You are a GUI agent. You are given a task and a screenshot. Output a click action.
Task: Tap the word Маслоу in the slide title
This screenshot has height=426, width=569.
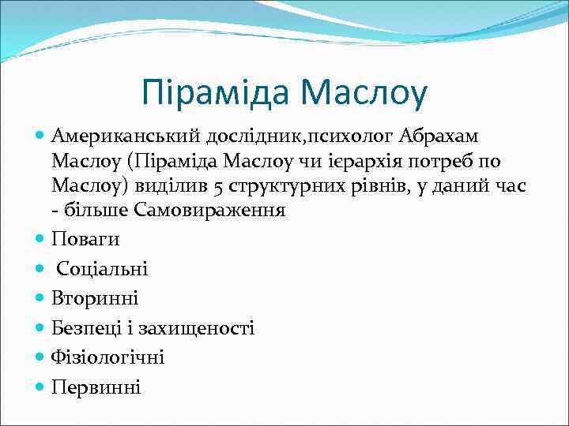(363, 92)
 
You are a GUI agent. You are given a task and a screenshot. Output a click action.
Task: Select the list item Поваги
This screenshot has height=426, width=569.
(85, 239)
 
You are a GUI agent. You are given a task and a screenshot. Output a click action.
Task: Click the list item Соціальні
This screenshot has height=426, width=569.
(102, 269)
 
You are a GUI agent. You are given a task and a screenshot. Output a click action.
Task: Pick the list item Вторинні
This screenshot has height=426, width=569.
(95, 298)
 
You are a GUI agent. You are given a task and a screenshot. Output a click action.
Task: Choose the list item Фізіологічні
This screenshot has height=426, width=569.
(108, 357)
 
